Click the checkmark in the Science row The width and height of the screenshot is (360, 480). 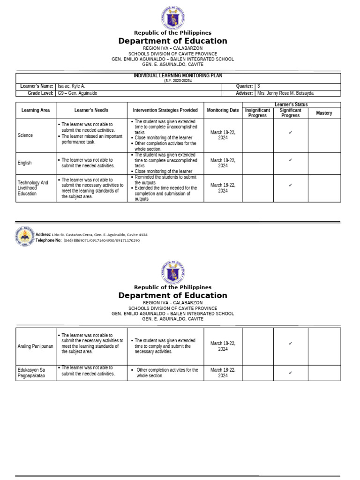[x=291, y=133]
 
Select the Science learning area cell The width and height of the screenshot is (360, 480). [x=25, y=135]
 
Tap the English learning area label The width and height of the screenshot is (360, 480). [x=25, y=163]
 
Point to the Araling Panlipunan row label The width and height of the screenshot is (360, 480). [x=36, y=346]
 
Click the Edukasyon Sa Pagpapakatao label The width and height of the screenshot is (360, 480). [x=31, y=373]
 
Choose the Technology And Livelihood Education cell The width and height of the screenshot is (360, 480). [x=33, y=188]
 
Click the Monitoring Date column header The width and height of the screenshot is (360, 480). [x=223, y=111]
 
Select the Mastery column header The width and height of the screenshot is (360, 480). [x=324, y=113]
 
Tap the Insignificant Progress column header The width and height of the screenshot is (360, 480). [x=257, y=113]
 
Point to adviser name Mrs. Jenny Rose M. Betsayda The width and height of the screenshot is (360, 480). [x=285, y=93]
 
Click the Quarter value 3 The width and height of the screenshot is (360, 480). [x=259, y=87]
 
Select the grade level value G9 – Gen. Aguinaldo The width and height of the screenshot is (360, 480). [x=77, y=93]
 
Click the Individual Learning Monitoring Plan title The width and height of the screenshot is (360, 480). [x=178, y=75]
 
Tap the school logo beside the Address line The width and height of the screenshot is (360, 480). [x=24, y=237]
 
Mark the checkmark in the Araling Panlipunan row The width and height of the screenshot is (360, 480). [x=291, y=344]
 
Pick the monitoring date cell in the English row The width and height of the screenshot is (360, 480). [x=223, y=163]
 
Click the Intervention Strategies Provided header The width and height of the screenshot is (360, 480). [x=165, y=111]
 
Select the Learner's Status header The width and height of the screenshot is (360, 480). [x=291, y=105]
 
